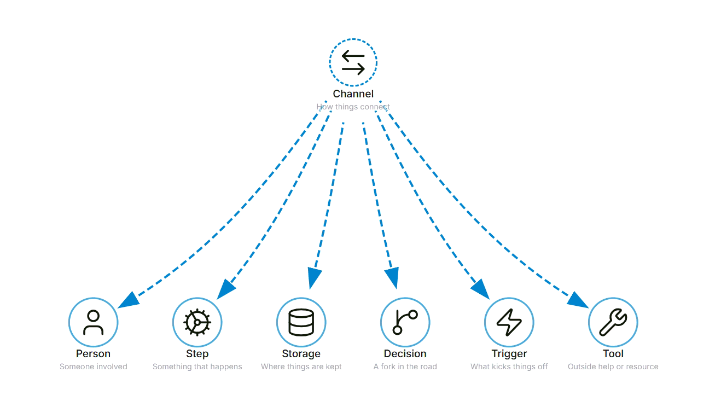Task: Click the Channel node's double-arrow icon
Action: [x=353, y=62]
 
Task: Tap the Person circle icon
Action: [x=93, y=322]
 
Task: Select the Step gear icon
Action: [x=197, y=322]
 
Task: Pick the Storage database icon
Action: [x=301, y=322]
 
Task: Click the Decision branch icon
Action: [x=405, y=322]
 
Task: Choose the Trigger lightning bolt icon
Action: [x=509, y=322]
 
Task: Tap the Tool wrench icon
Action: [x=613, y=322]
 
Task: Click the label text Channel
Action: [x=353, y=94]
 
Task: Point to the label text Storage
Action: [x=301, y=353]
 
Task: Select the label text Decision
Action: [x=405, y=353]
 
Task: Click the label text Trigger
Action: [x=509, y=353]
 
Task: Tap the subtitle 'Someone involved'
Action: [x=93, y=367]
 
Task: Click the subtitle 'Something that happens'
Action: [x=197, y=367]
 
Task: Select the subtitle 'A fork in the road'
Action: [x=405, y=367]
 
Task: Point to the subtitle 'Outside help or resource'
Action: [x=613, y=367]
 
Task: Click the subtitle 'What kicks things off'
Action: [x=509, y=367]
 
